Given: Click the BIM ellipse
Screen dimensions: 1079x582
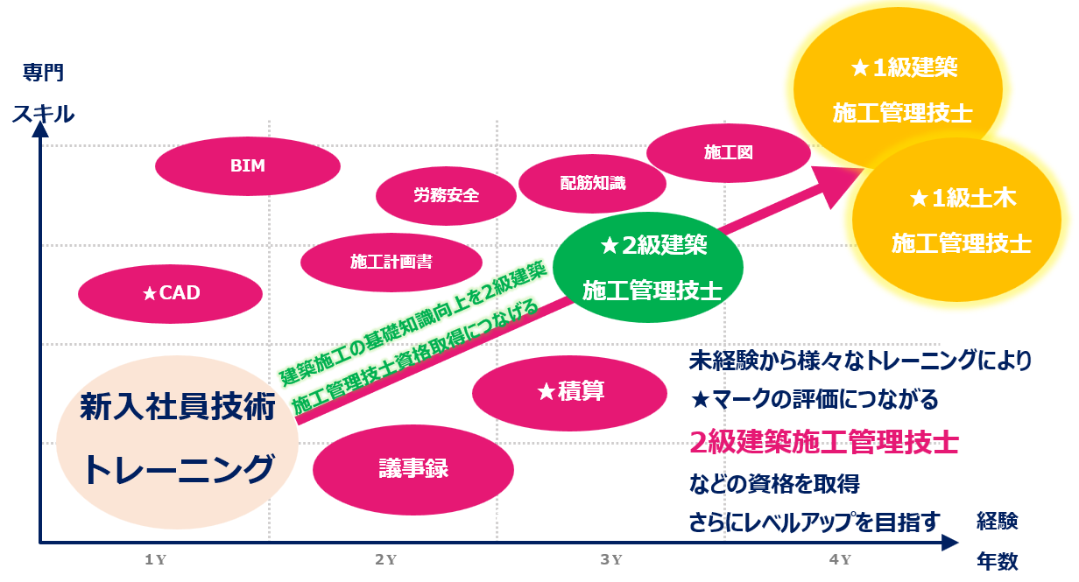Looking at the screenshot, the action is coord(248,166).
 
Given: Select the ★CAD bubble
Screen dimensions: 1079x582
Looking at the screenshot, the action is coord(170,294).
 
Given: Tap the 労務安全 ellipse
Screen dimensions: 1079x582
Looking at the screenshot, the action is coord(446,195).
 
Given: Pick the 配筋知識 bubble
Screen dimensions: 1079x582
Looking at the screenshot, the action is coord(592,184).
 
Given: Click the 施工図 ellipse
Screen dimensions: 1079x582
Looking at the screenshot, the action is coord(729,153).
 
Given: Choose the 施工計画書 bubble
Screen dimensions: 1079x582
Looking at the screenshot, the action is coord(391,263).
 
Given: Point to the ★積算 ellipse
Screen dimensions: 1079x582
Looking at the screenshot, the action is coord(569,393).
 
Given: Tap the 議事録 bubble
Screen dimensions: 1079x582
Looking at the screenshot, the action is coord(413,469).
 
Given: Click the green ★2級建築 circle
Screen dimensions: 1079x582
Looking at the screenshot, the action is coord(648,267).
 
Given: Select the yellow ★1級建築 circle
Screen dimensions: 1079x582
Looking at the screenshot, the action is coord(898,89).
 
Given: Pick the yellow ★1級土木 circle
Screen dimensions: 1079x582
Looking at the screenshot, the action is coord(956,220).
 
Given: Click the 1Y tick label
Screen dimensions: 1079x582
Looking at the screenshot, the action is coord(156,560).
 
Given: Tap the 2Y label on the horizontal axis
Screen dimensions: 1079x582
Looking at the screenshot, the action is coord(386,560).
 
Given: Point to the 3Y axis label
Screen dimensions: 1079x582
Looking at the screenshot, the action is coord(611,560).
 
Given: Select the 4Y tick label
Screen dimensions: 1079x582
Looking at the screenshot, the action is coord(840,560).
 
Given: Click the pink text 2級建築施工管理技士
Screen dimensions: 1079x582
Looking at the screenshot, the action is coord(823,442).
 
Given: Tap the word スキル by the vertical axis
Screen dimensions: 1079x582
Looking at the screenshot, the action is coord(44,114).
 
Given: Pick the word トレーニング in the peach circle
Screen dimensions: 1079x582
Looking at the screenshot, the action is coord(179,469).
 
